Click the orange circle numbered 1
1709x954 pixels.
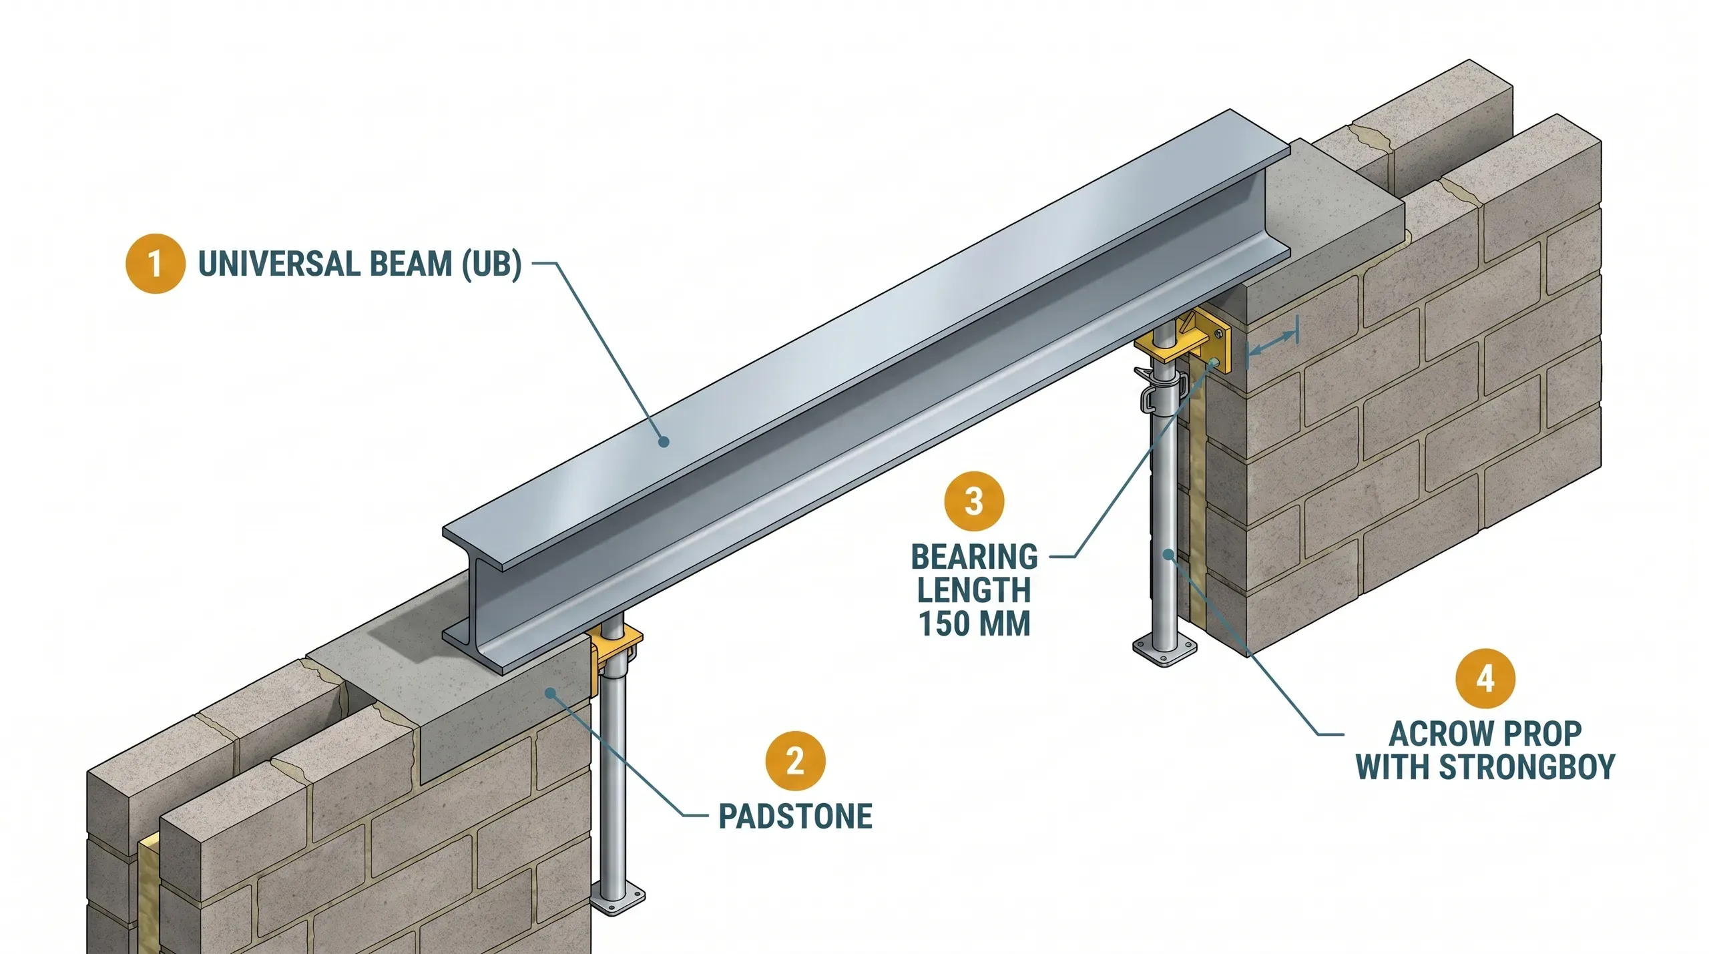click(x=155, y=264)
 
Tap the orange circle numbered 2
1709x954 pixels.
click(x=795, y=761)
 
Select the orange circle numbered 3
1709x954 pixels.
click(x=975, y=501)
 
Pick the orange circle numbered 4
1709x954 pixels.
click(x=1485, y=678)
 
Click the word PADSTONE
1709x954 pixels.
click(x=795, y=816)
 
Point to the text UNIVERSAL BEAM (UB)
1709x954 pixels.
click(x=359, y=264)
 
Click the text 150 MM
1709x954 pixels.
click(x=975, y=624)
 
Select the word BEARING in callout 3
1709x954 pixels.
click(x=975, y=557)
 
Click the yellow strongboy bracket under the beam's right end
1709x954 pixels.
click(x=1195, y=337)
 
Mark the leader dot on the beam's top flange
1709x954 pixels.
click(x=663, y=441)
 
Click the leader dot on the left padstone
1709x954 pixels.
click(x=550, y=693)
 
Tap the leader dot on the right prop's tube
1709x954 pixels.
click(x=1168, y=553)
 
